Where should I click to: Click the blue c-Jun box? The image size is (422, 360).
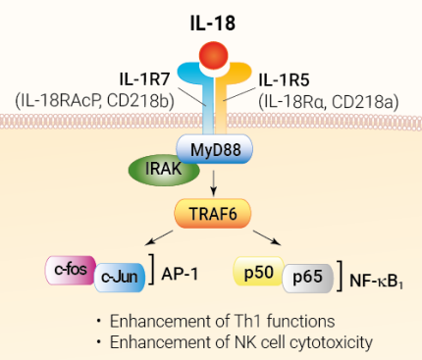(119, 277)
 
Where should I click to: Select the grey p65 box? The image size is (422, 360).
(306, 277)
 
